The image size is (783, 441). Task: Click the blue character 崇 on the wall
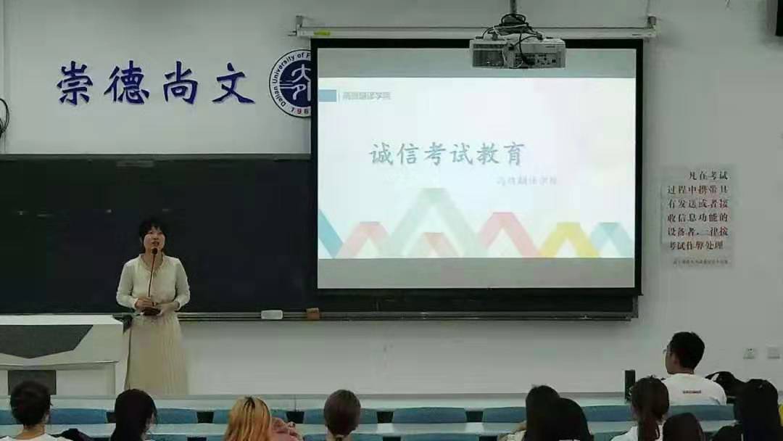coord(77,83)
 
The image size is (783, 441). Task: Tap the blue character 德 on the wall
coord(126,83)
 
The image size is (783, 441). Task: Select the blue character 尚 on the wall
coord(180,83)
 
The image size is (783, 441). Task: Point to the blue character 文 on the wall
coord(233,83)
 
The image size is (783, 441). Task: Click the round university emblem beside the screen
coord(292,83)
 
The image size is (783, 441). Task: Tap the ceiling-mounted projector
coord(517,51)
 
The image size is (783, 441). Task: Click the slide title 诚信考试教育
coord(447,154)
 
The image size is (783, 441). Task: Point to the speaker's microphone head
coord(154,252)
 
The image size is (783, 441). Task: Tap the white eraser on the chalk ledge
coord(271,315)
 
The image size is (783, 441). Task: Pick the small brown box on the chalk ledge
coord(312,313)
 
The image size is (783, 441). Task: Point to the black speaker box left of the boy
coord(629,384)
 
